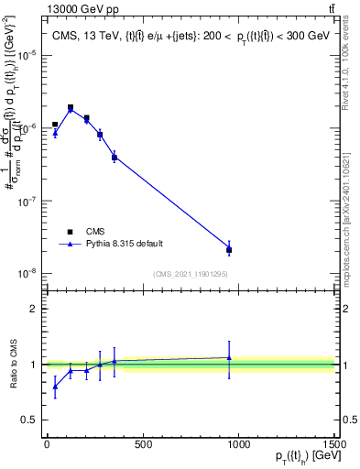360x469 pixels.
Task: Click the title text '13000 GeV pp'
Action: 71,9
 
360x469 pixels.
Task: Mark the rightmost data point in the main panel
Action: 229,249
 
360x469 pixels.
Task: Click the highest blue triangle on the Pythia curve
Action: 71,109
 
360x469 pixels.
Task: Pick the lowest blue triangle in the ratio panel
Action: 55,386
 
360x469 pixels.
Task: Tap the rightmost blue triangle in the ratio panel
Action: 229,358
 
